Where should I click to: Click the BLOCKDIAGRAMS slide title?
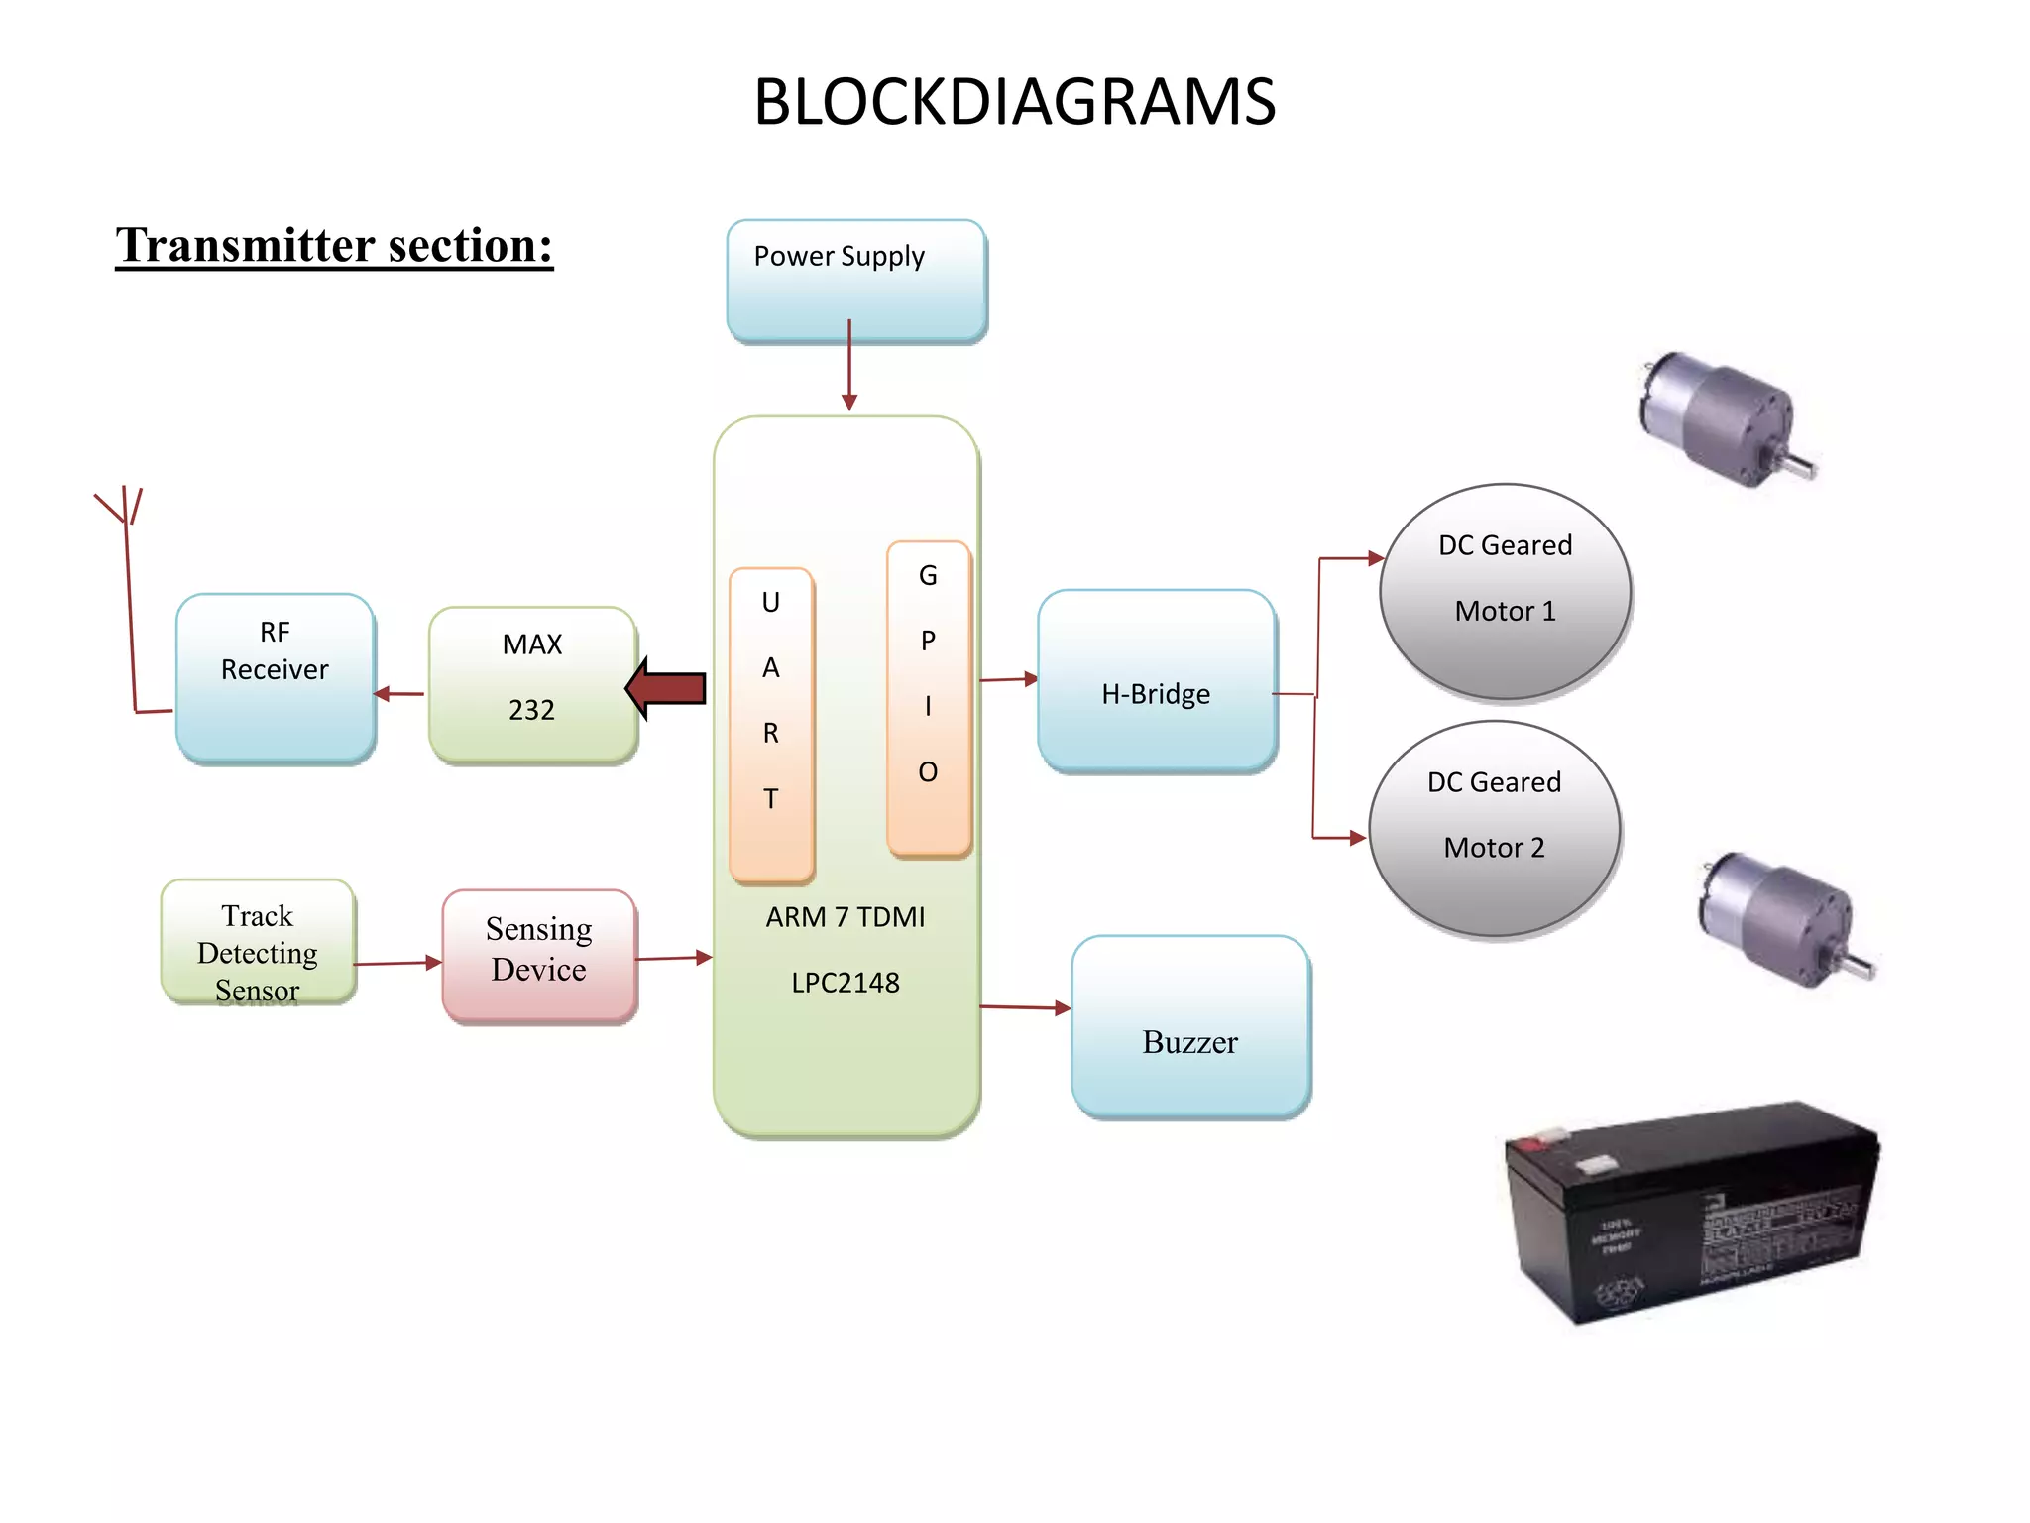1014,102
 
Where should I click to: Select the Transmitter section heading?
334,245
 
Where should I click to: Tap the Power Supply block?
856,281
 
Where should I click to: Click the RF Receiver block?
275,678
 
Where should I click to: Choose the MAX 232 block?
532,684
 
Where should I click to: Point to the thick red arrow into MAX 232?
667,688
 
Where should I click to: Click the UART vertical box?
771,725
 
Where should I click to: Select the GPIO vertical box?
928,698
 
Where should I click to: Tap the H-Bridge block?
1156,681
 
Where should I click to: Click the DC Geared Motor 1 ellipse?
1505,592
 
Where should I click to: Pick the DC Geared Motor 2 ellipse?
1494,829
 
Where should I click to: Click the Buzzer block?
1190,1027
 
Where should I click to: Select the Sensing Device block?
539,956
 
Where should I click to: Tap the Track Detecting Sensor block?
258,942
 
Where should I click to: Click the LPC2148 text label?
846,983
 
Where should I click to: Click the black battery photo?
1691,1213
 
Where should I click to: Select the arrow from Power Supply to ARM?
849,365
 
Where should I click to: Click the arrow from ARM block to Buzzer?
1024,1007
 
